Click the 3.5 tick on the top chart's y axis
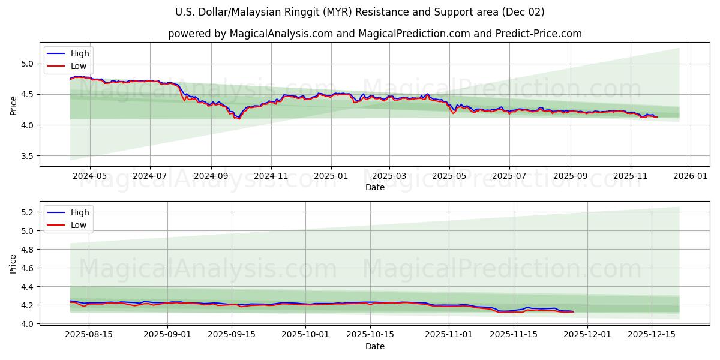tap(28, 156)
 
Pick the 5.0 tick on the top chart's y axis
tap(28, 64)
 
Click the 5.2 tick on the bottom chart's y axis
tap(28, 212)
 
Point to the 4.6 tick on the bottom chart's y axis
tap(28, 268)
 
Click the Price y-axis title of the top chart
tap(14, 104)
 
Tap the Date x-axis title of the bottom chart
tap(375, 346)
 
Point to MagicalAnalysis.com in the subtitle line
tap(281, 34)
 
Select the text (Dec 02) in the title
tap(523, 12)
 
